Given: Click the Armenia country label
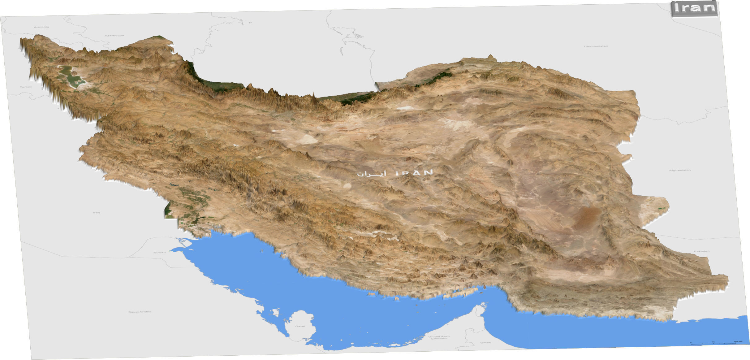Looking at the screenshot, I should [41, 27].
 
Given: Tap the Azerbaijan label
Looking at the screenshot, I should [114, 36].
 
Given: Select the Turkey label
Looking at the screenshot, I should [26, 87].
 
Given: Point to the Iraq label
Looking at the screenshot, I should [97, 213].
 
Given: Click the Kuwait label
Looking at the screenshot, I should [160, 253].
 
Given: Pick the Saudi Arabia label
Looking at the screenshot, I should [140, 312].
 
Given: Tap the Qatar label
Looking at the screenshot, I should [300, 326].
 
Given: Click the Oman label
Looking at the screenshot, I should [485, 343].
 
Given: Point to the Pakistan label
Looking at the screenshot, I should [701, 251].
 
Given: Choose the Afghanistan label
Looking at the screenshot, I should [680, 170].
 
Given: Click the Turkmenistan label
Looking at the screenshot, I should [596, 46].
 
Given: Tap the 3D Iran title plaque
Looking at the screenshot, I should [694, 8].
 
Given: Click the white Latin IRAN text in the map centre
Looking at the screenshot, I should [414, 172].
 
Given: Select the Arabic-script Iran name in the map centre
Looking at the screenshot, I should [372, 174].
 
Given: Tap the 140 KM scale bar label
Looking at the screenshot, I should [738, 341].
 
